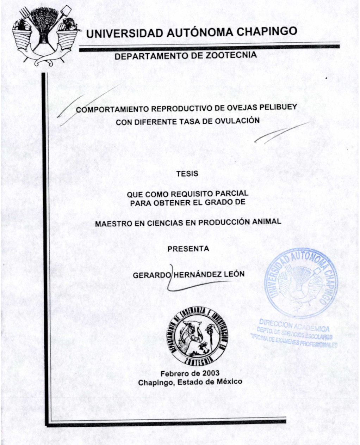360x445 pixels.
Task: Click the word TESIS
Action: (187, 173)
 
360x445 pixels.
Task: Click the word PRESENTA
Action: (188, 249)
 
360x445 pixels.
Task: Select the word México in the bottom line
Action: (229, 382)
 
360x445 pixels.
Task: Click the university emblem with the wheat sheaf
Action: (44, 33)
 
